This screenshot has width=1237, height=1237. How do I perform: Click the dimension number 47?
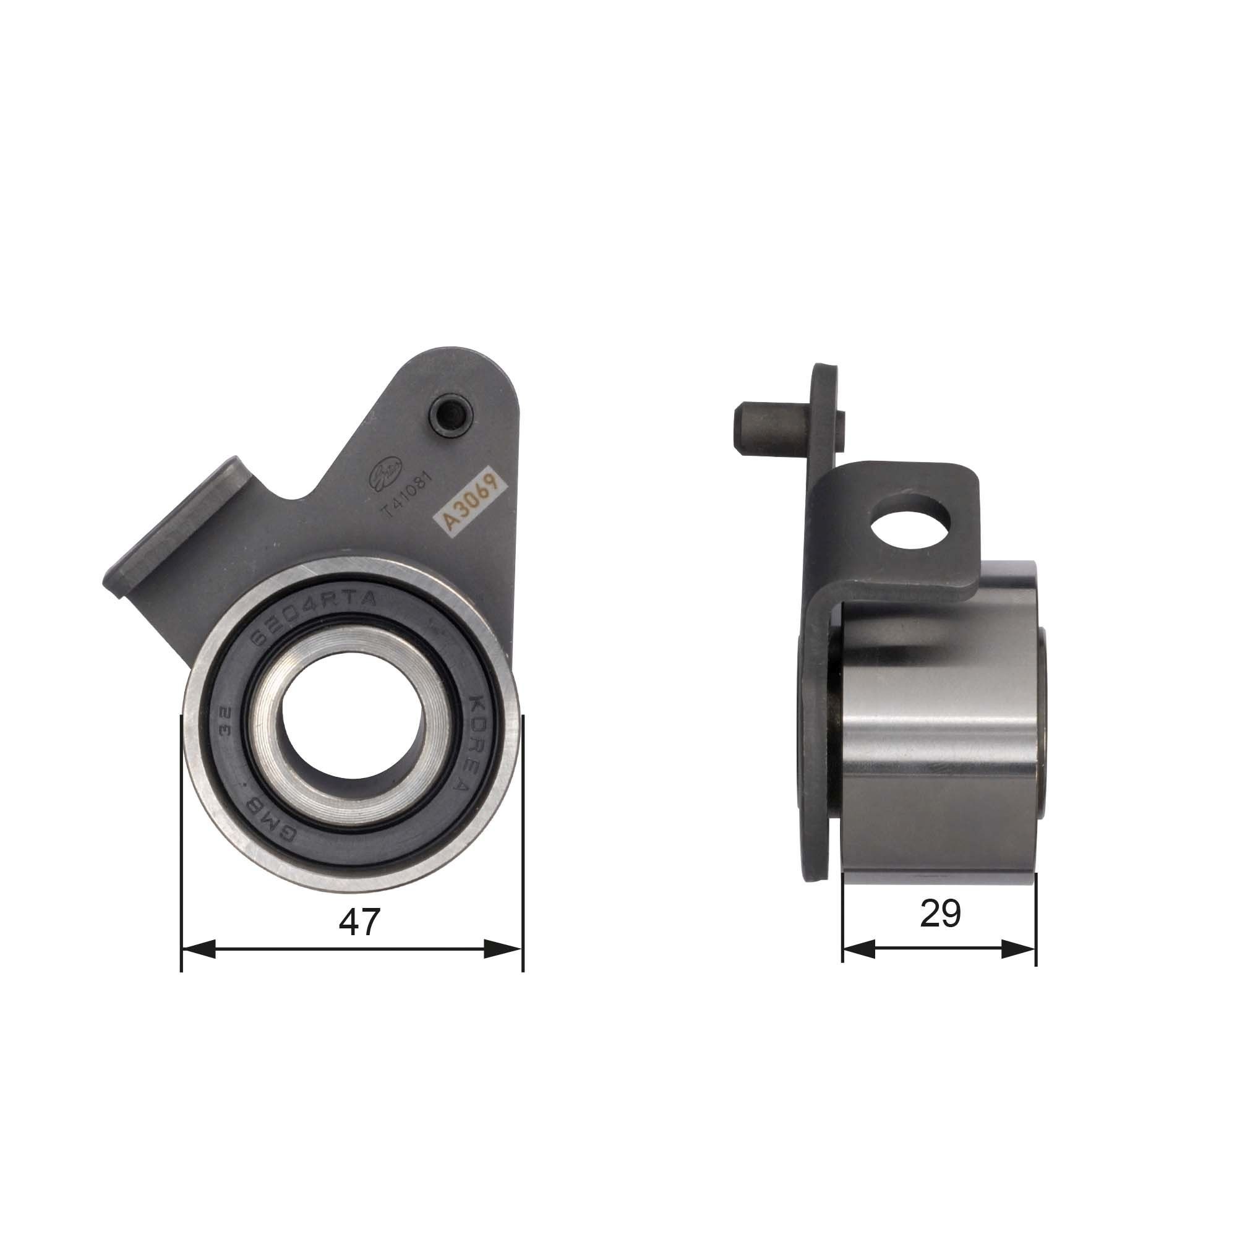click(x=359, y=923)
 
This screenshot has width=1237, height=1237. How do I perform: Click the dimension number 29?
click(x=940, y=914)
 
